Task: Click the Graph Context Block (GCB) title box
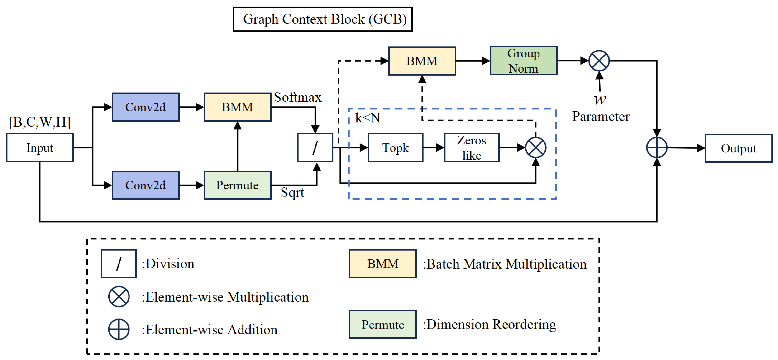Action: point(323,19)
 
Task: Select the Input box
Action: point(40,148)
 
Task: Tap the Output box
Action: point(738,148)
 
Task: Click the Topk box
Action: point(395,148)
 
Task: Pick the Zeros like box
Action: point(472,148)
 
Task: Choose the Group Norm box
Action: point(523,61)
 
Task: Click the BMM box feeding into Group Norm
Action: point(422,61)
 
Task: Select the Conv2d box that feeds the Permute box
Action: point(146,185)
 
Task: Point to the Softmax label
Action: point(297,97)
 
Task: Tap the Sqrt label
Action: point(292,192)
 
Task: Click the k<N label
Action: point(367,118)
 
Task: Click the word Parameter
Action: point(601,117)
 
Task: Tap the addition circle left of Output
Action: point(657,148)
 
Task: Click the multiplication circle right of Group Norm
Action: point(599,61)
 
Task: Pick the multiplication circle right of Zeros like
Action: point(535,148)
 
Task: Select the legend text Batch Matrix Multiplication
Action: point(506,264)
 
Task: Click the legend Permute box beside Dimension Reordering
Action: point(383,324)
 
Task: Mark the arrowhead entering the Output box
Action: point(701,148)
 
